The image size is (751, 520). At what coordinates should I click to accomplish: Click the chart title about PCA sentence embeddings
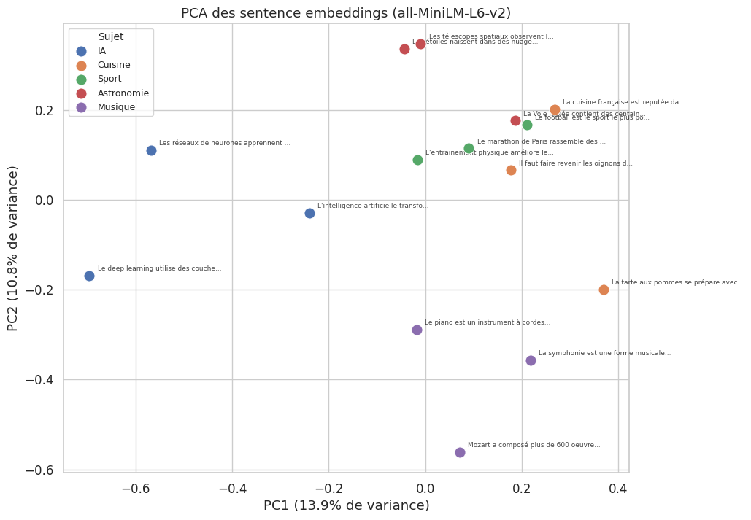[x=345, y=13]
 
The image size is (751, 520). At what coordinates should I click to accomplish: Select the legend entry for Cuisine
[x=113, y=65]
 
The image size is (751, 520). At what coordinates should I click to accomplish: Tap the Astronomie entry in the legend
[x=123, y=93]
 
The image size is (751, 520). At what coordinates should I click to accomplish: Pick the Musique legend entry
[x=115, y=107]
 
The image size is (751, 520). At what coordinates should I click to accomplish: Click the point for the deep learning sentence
[x=89, y=276]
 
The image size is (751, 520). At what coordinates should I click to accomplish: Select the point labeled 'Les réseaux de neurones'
[x=151, y=150]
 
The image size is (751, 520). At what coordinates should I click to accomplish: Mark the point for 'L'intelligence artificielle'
[x=309, y=213]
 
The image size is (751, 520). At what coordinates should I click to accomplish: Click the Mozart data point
[x=460, y=452]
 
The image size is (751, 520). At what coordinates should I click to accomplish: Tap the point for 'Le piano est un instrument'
[x=417, y=330]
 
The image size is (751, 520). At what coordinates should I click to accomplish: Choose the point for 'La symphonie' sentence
[x=531, y=360]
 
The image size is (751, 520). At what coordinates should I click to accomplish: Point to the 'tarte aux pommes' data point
[x=604, y=290]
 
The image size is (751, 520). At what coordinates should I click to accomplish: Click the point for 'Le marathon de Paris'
[x=469, y=148]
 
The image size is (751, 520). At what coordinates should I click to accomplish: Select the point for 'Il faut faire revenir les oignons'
[x=511, y=170]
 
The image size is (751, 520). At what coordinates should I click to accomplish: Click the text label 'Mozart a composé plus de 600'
[x=534, y=445]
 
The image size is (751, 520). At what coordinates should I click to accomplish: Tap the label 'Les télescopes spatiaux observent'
[x=491, y=36]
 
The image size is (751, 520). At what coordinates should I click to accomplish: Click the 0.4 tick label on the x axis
[x=618, y=487]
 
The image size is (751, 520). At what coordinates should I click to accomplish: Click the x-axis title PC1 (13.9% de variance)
[x=346, y=505]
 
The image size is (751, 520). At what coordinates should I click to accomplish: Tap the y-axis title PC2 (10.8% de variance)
[x=14, y=248]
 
